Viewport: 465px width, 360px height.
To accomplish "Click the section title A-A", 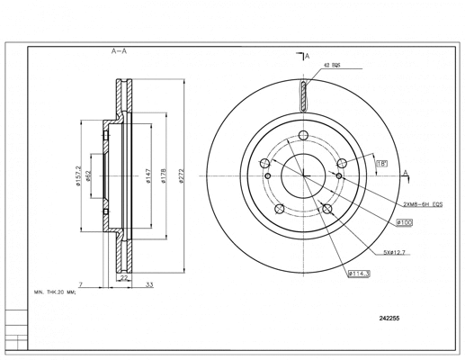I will pos(119,52).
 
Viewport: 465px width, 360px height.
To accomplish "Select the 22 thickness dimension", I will pos(124,280).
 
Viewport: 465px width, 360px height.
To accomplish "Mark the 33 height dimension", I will pos(148,284).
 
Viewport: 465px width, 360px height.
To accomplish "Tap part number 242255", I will pos(389,318).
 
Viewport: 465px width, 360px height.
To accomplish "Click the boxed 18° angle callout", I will pos(381,164).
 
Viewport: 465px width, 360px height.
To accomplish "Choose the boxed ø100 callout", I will pos(404,221).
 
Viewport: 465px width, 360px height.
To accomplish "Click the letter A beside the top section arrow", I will pos(307,57).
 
